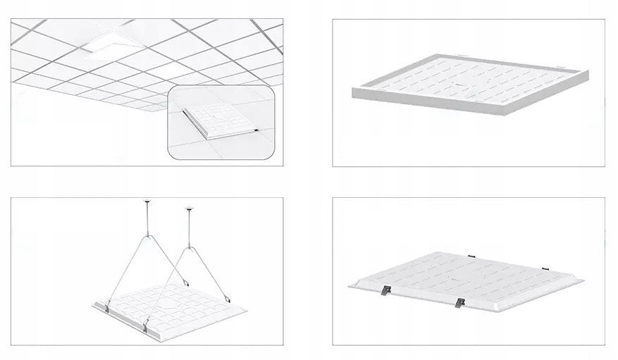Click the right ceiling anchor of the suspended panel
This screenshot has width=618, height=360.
point(188,209)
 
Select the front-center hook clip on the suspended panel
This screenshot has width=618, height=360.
point(147,323)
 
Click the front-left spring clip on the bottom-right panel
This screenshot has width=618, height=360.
point(386,291)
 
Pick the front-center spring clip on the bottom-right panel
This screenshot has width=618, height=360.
point(460,303)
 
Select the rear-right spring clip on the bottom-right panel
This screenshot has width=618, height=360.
point(544,268)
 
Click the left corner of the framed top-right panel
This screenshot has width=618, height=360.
point(353,90)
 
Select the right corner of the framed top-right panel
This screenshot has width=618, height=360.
point(586,73)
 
